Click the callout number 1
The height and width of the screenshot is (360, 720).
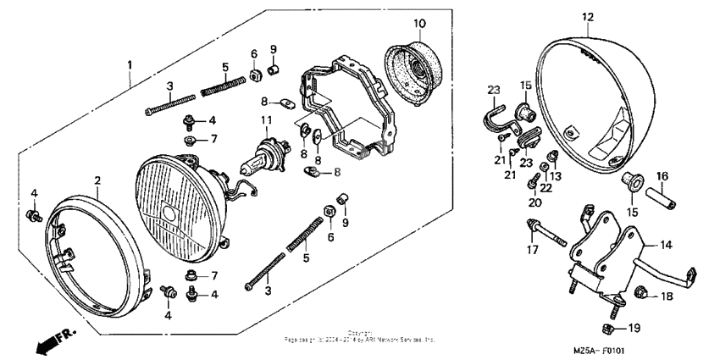pos(130,65)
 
